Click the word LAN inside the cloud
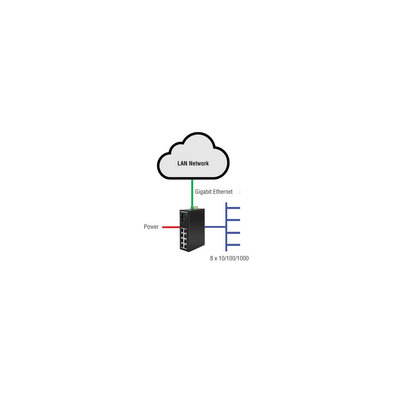click(x=182, y=163)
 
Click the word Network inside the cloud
click(x=199, y=163)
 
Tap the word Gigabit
click(x=203, y=192)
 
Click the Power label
click(x=151, y=227)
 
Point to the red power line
click(x=171, y=227)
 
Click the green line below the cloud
click(x=192, y=193)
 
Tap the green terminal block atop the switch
click(x=195, y=208)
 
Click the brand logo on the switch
click(x=184, y=212)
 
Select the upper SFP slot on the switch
click(x=182, y=215)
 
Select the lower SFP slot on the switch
click(x=182, y=220)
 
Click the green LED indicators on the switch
click(x=186, y=215)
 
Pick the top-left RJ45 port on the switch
click(x=182, y=231)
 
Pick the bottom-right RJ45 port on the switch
click(x=185, y=247)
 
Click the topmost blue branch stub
click(x=234, y=208)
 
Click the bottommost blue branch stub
click(x=234, y=245)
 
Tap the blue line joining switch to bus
click(x=215, y=227)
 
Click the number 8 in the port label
click(x=212, y=259)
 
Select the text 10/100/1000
click(x=234, y=259)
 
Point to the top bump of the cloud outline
click(x=198, y=133)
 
